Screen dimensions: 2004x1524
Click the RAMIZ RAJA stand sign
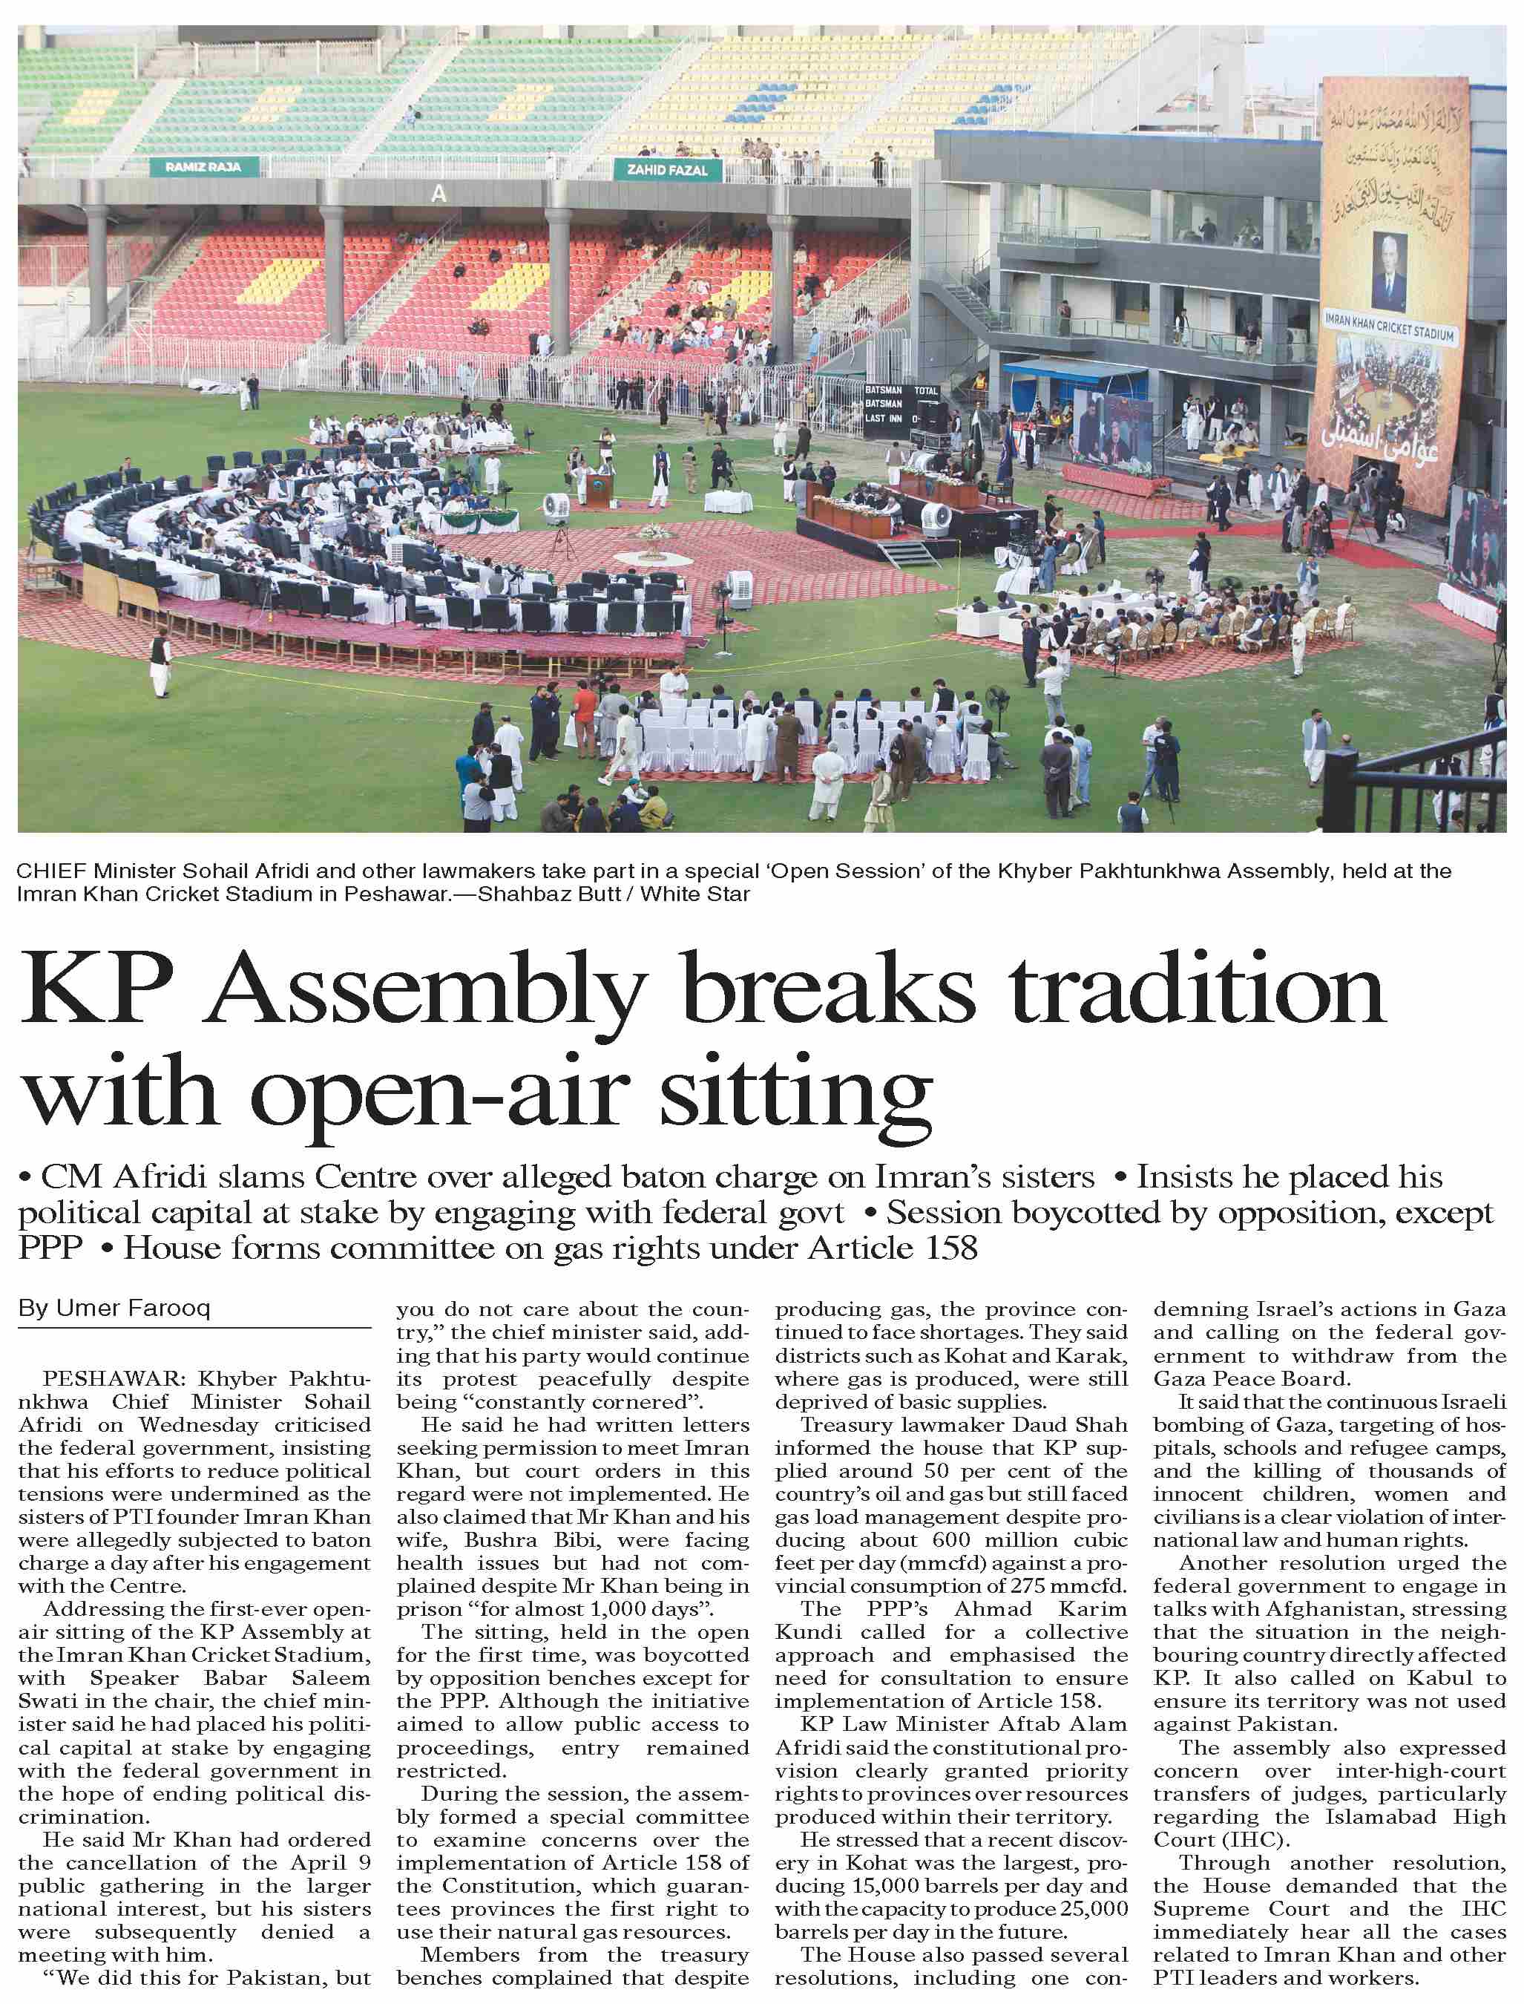(203, 167)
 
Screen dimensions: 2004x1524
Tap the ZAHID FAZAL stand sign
(668, 170)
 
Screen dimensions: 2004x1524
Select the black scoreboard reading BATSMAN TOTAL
(901, 404)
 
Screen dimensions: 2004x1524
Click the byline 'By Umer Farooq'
(114, 1309)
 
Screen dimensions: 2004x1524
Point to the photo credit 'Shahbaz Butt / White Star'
(614, 894)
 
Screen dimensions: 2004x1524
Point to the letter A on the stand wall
(440, 193)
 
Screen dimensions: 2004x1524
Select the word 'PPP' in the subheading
(50, 1248)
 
